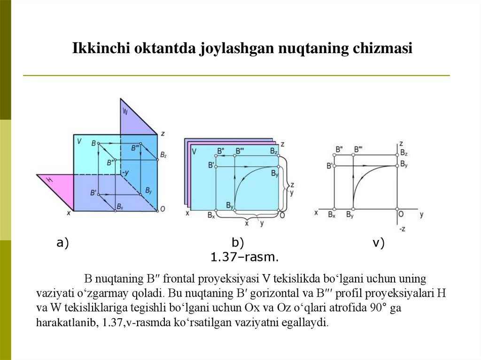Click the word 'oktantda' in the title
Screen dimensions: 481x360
[x=163, y=48]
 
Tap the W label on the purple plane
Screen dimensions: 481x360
[x=125, y=112]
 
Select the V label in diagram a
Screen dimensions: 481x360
[x=79, y=141]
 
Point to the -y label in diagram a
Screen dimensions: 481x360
[x=125, y=173]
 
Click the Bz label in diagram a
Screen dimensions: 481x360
[x=163, y=154]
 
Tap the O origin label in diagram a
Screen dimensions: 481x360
[x=162, y=209]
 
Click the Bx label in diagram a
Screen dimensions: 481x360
[x=120, y=207]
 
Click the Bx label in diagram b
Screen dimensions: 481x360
[x=211, y=216]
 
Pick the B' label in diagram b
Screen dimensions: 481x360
[x=211, y=165]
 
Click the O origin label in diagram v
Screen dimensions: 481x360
[x=401, y=214]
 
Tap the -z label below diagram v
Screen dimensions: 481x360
[x=402, y=229]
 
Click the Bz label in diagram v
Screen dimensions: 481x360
[x=404, y=153]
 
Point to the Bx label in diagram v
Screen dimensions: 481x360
[x=332, y=214]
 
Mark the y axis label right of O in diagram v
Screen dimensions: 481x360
[x=421, y=214]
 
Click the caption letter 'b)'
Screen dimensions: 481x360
[x=238, y=243]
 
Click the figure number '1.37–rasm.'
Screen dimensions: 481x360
[x=244, y=257]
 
